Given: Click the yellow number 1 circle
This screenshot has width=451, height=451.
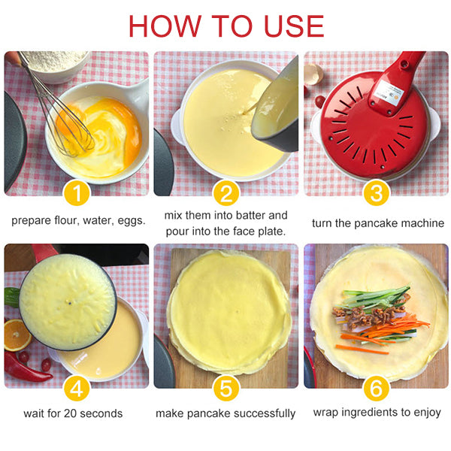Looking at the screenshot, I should point(77,194).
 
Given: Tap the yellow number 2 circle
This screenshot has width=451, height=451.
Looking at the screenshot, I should point(225,194).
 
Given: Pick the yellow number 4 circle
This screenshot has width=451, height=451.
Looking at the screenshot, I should point(77,389).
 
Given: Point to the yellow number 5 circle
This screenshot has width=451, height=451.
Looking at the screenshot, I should point(225,389).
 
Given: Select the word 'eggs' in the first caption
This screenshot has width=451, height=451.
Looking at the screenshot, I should point(129,223).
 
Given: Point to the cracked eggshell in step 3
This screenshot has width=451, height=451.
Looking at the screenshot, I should point(313,74).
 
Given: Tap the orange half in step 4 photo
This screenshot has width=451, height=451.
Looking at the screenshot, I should point(17,335).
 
